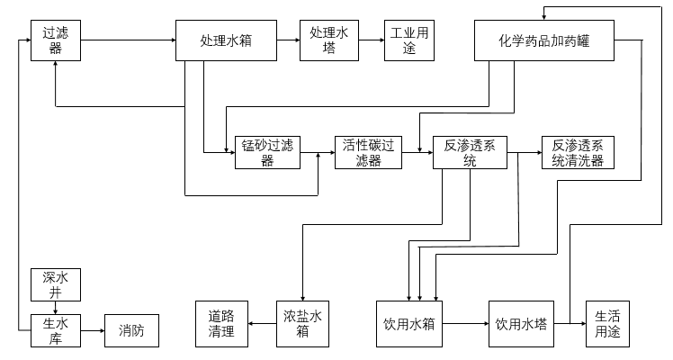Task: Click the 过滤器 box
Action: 56,40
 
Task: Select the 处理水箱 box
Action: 226,40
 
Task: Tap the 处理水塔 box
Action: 328,40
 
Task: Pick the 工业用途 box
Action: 408,40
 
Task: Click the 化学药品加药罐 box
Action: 544,40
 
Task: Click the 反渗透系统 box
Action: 470,153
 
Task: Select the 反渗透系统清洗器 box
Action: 577,153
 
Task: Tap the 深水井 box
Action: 56,283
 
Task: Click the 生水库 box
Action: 56,330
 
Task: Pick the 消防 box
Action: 131,330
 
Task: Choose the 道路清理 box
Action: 221,324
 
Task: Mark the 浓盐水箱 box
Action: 302,324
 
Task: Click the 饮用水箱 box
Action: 409,324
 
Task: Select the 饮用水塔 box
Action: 521,324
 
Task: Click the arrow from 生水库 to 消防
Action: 93,330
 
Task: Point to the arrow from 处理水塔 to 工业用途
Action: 371,40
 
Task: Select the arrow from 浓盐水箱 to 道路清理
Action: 261,324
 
